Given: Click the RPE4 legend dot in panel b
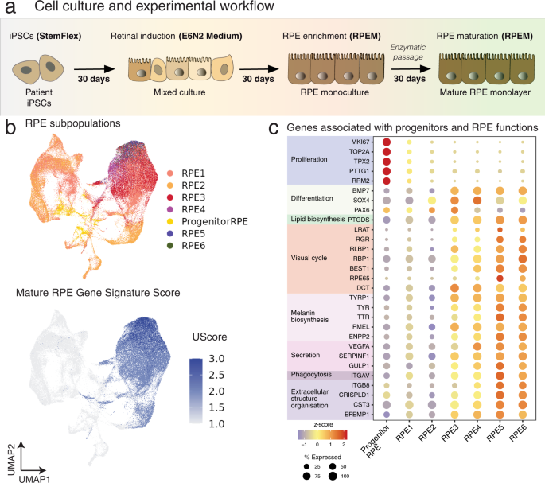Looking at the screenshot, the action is (x=170, y=209).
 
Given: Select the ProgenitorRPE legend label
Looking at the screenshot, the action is (x=215, y=221).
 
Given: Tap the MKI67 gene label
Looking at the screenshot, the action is (x=360, y=142).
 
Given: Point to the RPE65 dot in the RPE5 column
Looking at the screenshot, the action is (x=500, y=279).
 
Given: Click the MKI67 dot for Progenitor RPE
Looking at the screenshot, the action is (x=387, y=142).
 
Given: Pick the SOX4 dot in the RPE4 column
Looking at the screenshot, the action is (x=477, y=201).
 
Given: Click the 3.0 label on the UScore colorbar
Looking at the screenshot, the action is (x=216, y=359).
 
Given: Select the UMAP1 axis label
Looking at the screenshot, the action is (x=34, y=479).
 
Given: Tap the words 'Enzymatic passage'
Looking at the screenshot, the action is (x=407, y=53).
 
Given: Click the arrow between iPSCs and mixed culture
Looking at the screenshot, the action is (x=94, y=69).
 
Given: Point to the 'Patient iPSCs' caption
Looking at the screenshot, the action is (x=39, y=98).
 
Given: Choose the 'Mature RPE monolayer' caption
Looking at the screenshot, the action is (x=485, y=92).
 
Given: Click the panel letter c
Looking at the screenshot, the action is (x=274, y=128).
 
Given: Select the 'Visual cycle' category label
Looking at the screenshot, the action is (x=309, y=258).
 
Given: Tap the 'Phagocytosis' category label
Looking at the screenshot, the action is (x=311, y=375).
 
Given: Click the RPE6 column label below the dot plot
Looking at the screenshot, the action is (x=518, y=434).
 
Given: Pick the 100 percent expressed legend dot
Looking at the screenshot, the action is (x=333, y=477).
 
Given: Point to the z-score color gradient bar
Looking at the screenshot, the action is (x=322, y=434).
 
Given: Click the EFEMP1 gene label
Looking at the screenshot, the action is (x=356, y=415).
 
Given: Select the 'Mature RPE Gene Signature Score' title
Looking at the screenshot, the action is (x=98, y=293).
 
